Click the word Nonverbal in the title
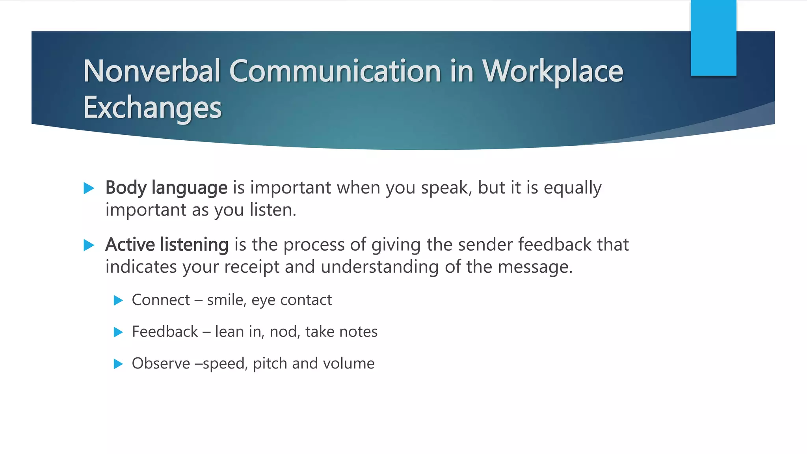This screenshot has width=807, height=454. [151, 71]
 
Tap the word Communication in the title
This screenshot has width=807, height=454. [335, 71]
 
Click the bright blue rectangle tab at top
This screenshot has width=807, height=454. [713, 38]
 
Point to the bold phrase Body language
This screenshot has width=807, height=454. [166, 188]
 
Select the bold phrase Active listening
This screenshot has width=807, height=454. [167, 245]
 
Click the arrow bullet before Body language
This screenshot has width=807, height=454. [89, 188]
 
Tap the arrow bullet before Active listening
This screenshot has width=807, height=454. [89, 246]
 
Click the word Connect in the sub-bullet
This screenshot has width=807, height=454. [161, 300]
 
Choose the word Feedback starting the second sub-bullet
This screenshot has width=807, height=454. [165, 332]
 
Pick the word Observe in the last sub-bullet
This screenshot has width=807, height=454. [161, 363]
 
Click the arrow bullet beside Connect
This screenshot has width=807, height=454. [118, 301]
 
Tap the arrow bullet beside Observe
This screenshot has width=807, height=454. [118, 364]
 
